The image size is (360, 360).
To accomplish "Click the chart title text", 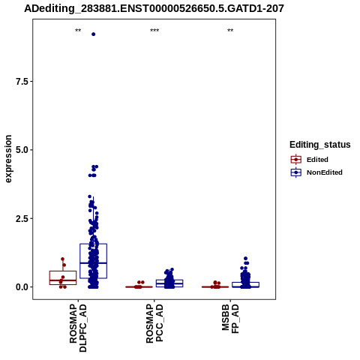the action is (154, 8).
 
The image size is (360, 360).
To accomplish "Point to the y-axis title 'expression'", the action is (8, 159).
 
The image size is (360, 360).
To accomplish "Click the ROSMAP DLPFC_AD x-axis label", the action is (78, 328).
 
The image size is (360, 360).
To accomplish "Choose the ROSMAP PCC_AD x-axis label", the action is (154, 323).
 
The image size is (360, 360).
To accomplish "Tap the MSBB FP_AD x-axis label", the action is (230, 319).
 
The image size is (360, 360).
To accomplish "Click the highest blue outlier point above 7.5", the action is (93, 34).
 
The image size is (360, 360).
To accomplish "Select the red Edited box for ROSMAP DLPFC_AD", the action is (63, 277).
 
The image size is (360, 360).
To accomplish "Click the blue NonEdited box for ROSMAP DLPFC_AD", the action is (94, 261).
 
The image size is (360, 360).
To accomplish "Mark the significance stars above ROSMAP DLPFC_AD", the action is (78, 31).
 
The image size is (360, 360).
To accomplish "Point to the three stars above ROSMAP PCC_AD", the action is (154, 31).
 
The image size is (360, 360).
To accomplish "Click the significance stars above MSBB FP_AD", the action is (230, 31).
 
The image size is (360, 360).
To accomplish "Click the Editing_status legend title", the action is (320, 145).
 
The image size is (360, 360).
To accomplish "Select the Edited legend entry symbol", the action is (296, 160).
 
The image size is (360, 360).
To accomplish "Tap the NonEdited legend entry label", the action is (325, 172).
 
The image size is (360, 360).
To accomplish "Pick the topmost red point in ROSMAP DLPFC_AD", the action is (63, 259).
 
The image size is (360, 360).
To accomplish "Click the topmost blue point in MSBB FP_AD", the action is (245, 258).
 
